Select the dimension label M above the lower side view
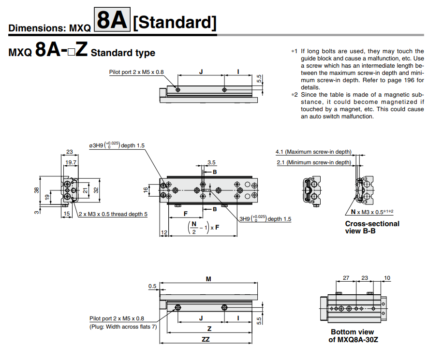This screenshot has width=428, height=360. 208,279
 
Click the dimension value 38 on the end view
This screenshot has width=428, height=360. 37,190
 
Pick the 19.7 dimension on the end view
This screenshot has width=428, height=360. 71,162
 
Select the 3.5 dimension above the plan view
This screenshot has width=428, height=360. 211,162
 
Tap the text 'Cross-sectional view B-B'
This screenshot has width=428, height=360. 372,227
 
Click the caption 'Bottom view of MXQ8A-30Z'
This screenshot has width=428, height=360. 352,335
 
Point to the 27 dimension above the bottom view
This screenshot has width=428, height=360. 346,278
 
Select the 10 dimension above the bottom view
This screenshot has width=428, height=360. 386,278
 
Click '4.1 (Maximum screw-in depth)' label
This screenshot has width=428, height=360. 313,152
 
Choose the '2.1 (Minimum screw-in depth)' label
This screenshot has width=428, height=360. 313,162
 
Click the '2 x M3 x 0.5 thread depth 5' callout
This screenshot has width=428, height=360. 113,214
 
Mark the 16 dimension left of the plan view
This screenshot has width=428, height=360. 146,190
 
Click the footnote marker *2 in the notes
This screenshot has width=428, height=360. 294,95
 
